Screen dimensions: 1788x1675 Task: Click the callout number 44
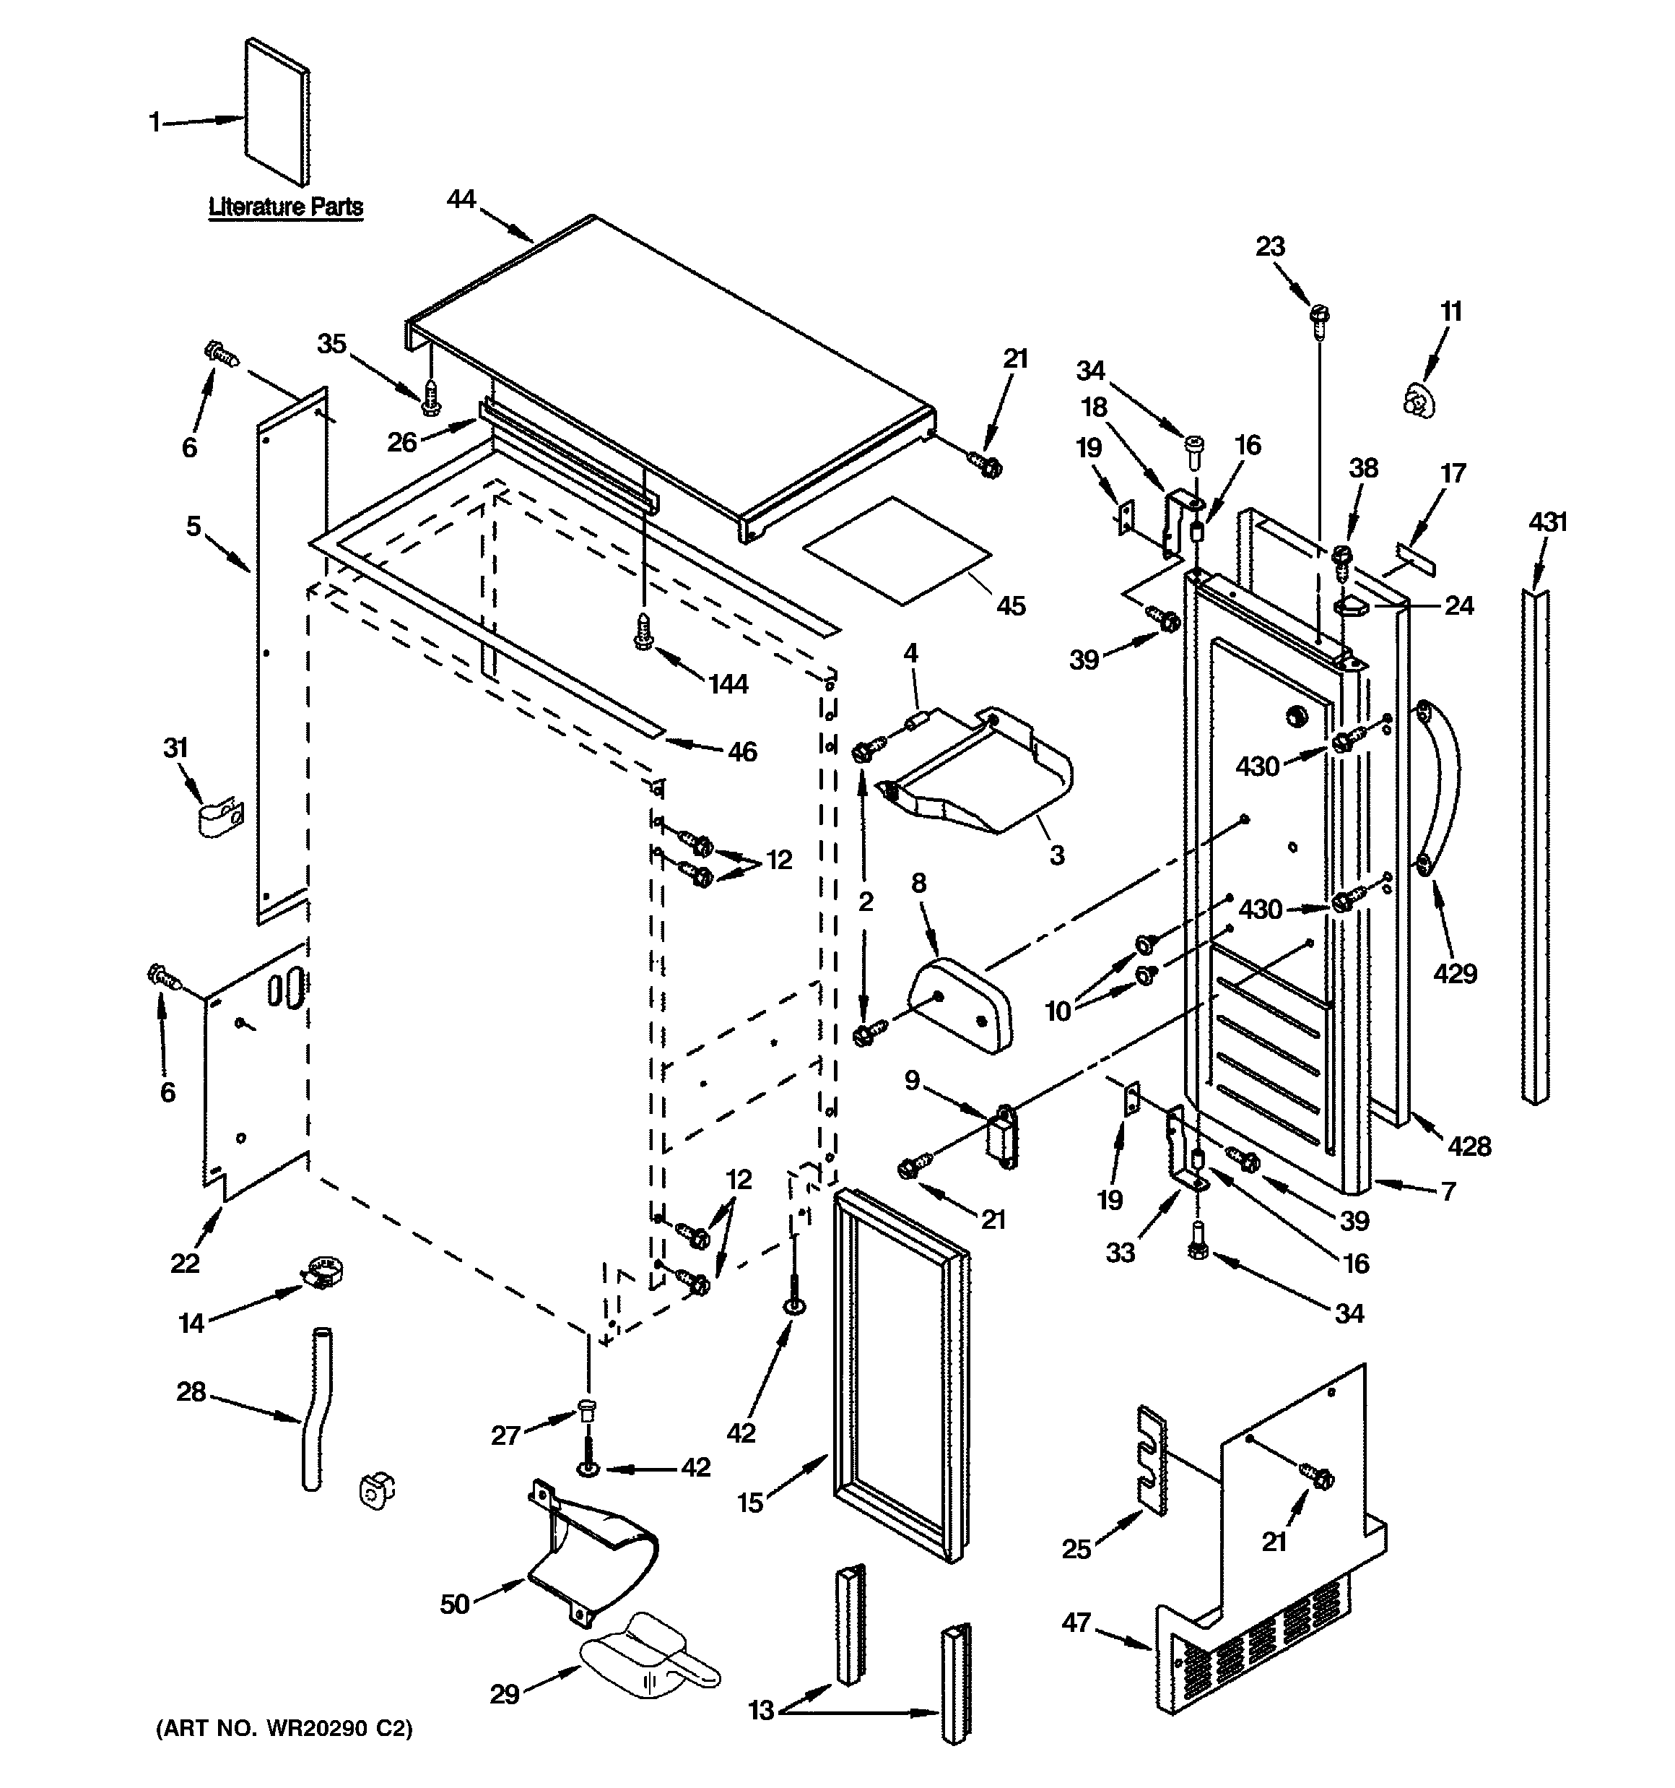coord(461,199)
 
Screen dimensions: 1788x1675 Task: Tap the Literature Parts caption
coord(286,207)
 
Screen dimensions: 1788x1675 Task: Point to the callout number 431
coord(1547,522)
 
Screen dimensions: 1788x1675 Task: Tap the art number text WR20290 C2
coord(284,1729)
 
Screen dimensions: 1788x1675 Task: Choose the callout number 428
coord(1469,1146)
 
